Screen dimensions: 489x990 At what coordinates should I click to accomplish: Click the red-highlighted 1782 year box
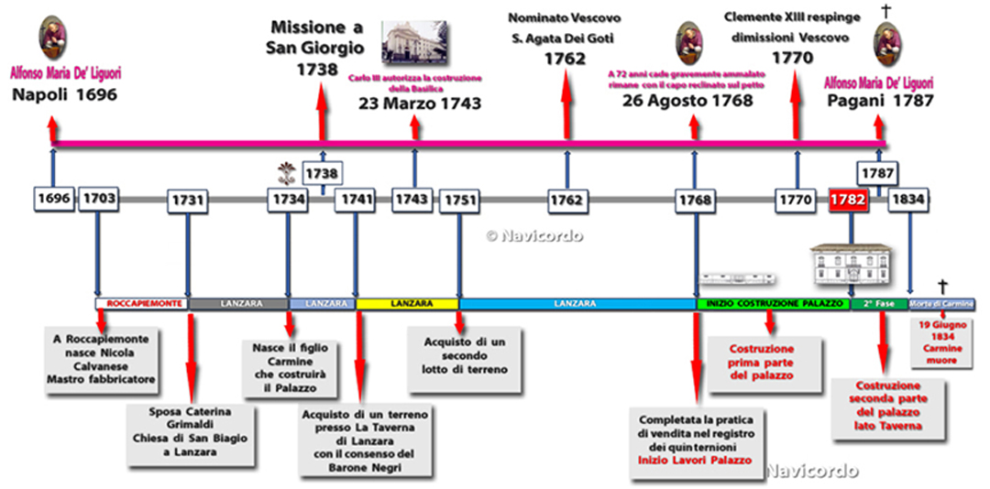coord(848,200)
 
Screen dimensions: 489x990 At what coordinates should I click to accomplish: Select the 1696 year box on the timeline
coord(52,200)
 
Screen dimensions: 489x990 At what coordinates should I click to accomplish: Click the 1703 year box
coord(97,200)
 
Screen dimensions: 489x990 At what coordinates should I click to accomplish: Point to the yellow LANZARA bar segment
coord(407,303)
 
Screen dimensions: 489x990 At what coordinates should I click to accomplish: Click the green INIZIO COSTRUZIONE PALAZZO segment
coord(773,303)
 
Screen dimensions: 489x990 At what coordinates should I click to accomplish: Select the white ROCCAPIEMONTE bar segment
coord(142,303)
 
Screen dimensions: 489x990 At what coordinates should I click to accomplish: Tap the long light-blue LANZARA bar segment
coord(577,303)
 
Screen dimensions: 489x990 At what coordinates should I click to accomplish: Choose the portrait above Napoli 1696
coord(53,38)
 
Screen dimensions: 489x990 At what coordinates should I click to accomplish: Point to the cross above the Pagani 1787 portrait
coord(885,11)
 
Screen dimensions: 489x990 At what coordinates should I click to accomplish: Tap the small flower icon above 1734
coord(288,171)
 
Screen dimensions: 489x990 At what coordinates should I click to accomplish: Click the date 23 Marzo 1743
coord(419,103)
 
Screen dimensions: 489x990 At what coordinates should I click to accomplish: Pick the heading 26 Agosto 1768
coord(687,100)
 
